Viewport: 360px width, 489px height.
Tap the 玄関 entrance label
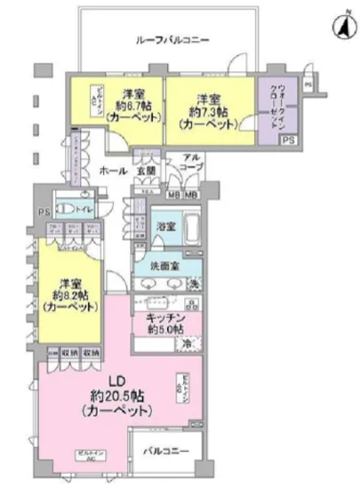point(146,170)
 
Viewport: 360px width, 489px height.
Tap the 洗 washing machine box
point(196,284)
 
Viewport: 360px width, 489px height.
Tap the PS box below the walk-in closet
point(289,140)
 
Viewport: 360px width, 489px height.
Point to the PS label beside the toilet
point(43,212)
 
